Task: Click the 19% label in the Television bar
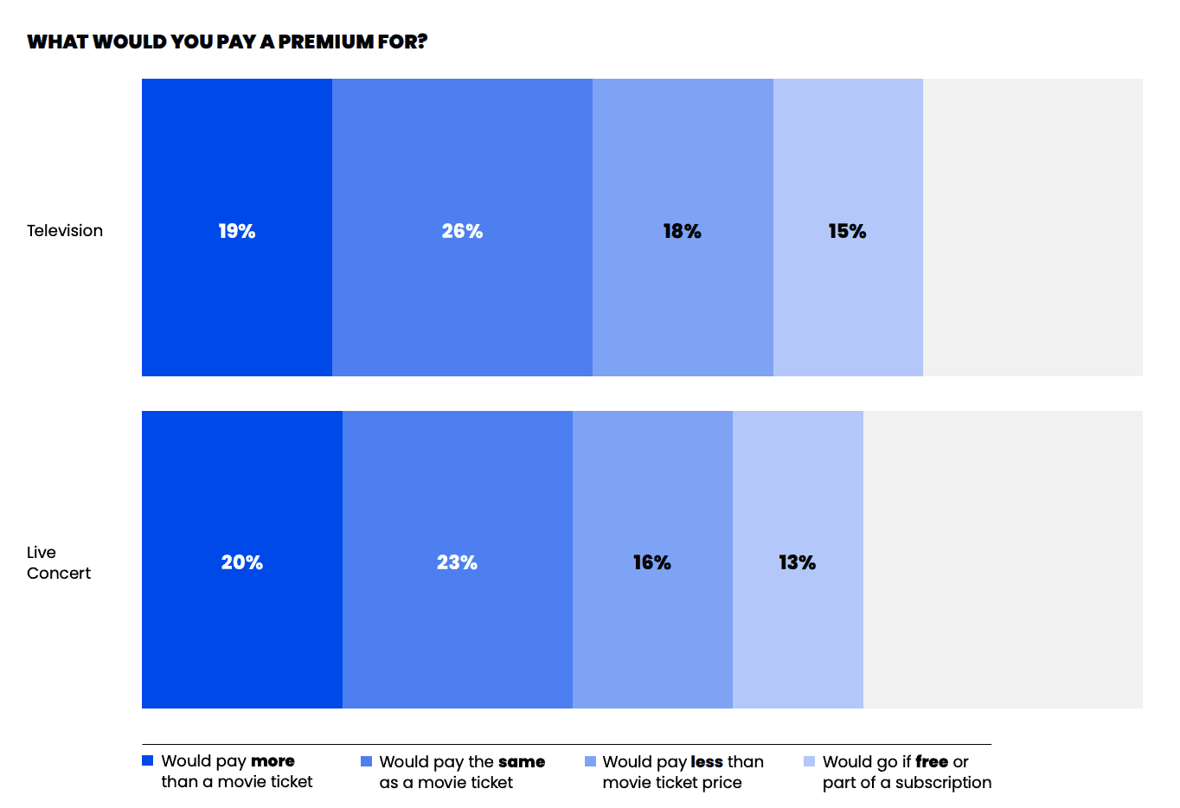point(237,231)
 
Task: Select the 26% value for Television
point(462,231)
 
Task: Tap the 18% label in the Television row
point(683,231)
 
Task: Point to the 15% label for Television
point(847,231)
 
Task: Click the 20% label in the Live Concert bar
point(241,562)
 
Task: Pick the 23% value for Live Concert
point(458,562)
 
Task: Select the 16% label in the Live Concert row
point(652,562)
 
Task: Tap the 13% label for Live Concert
point(798,562)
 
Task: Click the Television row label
point(65,231)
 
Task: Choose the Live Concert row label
point(59,562)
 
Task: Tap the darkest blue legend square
point(147,760)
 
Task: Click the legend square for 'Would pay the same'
point(366,761)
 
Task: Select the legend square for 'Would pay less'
point(591,761)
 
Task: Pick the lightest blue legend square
point(809,761)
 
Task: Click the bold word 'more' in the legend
point(273,761)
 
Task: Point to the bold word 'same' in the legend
point(522,761)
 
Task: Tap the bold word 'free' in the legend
point(932,761)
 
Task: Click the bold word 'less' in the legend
point(707,761)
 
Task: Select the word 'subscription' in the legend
point(944,783)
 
